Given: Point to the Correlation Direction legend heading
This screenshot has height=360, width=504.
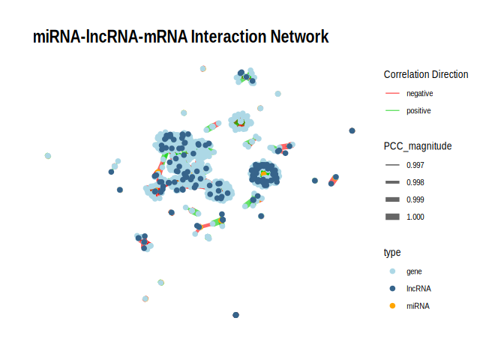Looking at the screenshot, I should click(x=425, y=74).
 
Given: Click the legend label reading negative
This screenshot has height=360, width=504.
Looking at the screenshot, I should click(x=419, y=94).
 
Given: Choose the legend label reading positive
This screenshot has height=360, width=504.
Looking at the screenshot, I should click(x=418, y=111).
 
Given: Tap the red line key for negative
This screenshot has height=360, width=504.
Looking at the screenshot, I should click(x=392, y=94).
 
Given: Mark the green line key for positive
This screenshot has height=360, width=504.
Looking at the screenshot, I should click(x=392, y=111).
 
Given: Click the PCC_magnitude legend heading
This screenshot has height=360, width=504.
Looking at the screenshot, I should click(x=417, y=145).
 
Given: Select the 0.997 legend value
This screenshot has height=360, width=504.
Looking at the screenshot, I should click(x=415, y=165).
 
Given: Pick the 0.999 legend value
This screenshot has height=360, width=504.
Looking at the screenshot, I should click(x=415, y=199).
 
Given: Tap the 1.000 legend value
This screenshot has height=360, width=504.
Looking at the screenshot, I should click(x=415, y=217).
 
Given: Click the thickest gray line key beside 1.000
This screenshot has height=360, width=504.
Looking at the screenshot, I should click(x=392, y=217).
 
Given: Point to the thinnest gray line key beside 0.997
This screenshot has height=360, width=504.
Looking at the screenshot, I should click(x=392, y=165).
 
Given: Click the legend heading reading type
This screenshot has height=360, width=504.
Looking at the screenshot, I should click(x=392, y=252).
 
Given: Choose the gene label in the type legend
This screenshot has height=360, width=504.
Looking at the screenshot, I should click(x=414, y=271).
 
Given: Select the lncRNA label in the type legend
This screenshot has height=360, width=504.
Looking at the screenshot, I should click(x=418, y=289).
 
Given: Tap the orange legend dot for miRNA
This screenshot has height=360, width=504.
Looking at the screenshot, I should click(x=392, y=306).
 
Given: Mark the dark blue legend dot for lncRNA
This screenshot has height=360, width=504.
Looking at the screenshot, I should click(x=392, y=289).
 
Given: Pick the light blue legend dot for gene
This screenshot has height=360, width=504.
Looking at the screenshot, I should click(x=392, y=271).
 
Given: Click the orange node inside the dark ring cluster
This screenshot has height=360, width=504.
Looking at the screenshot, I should click(x=264, y=174).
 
